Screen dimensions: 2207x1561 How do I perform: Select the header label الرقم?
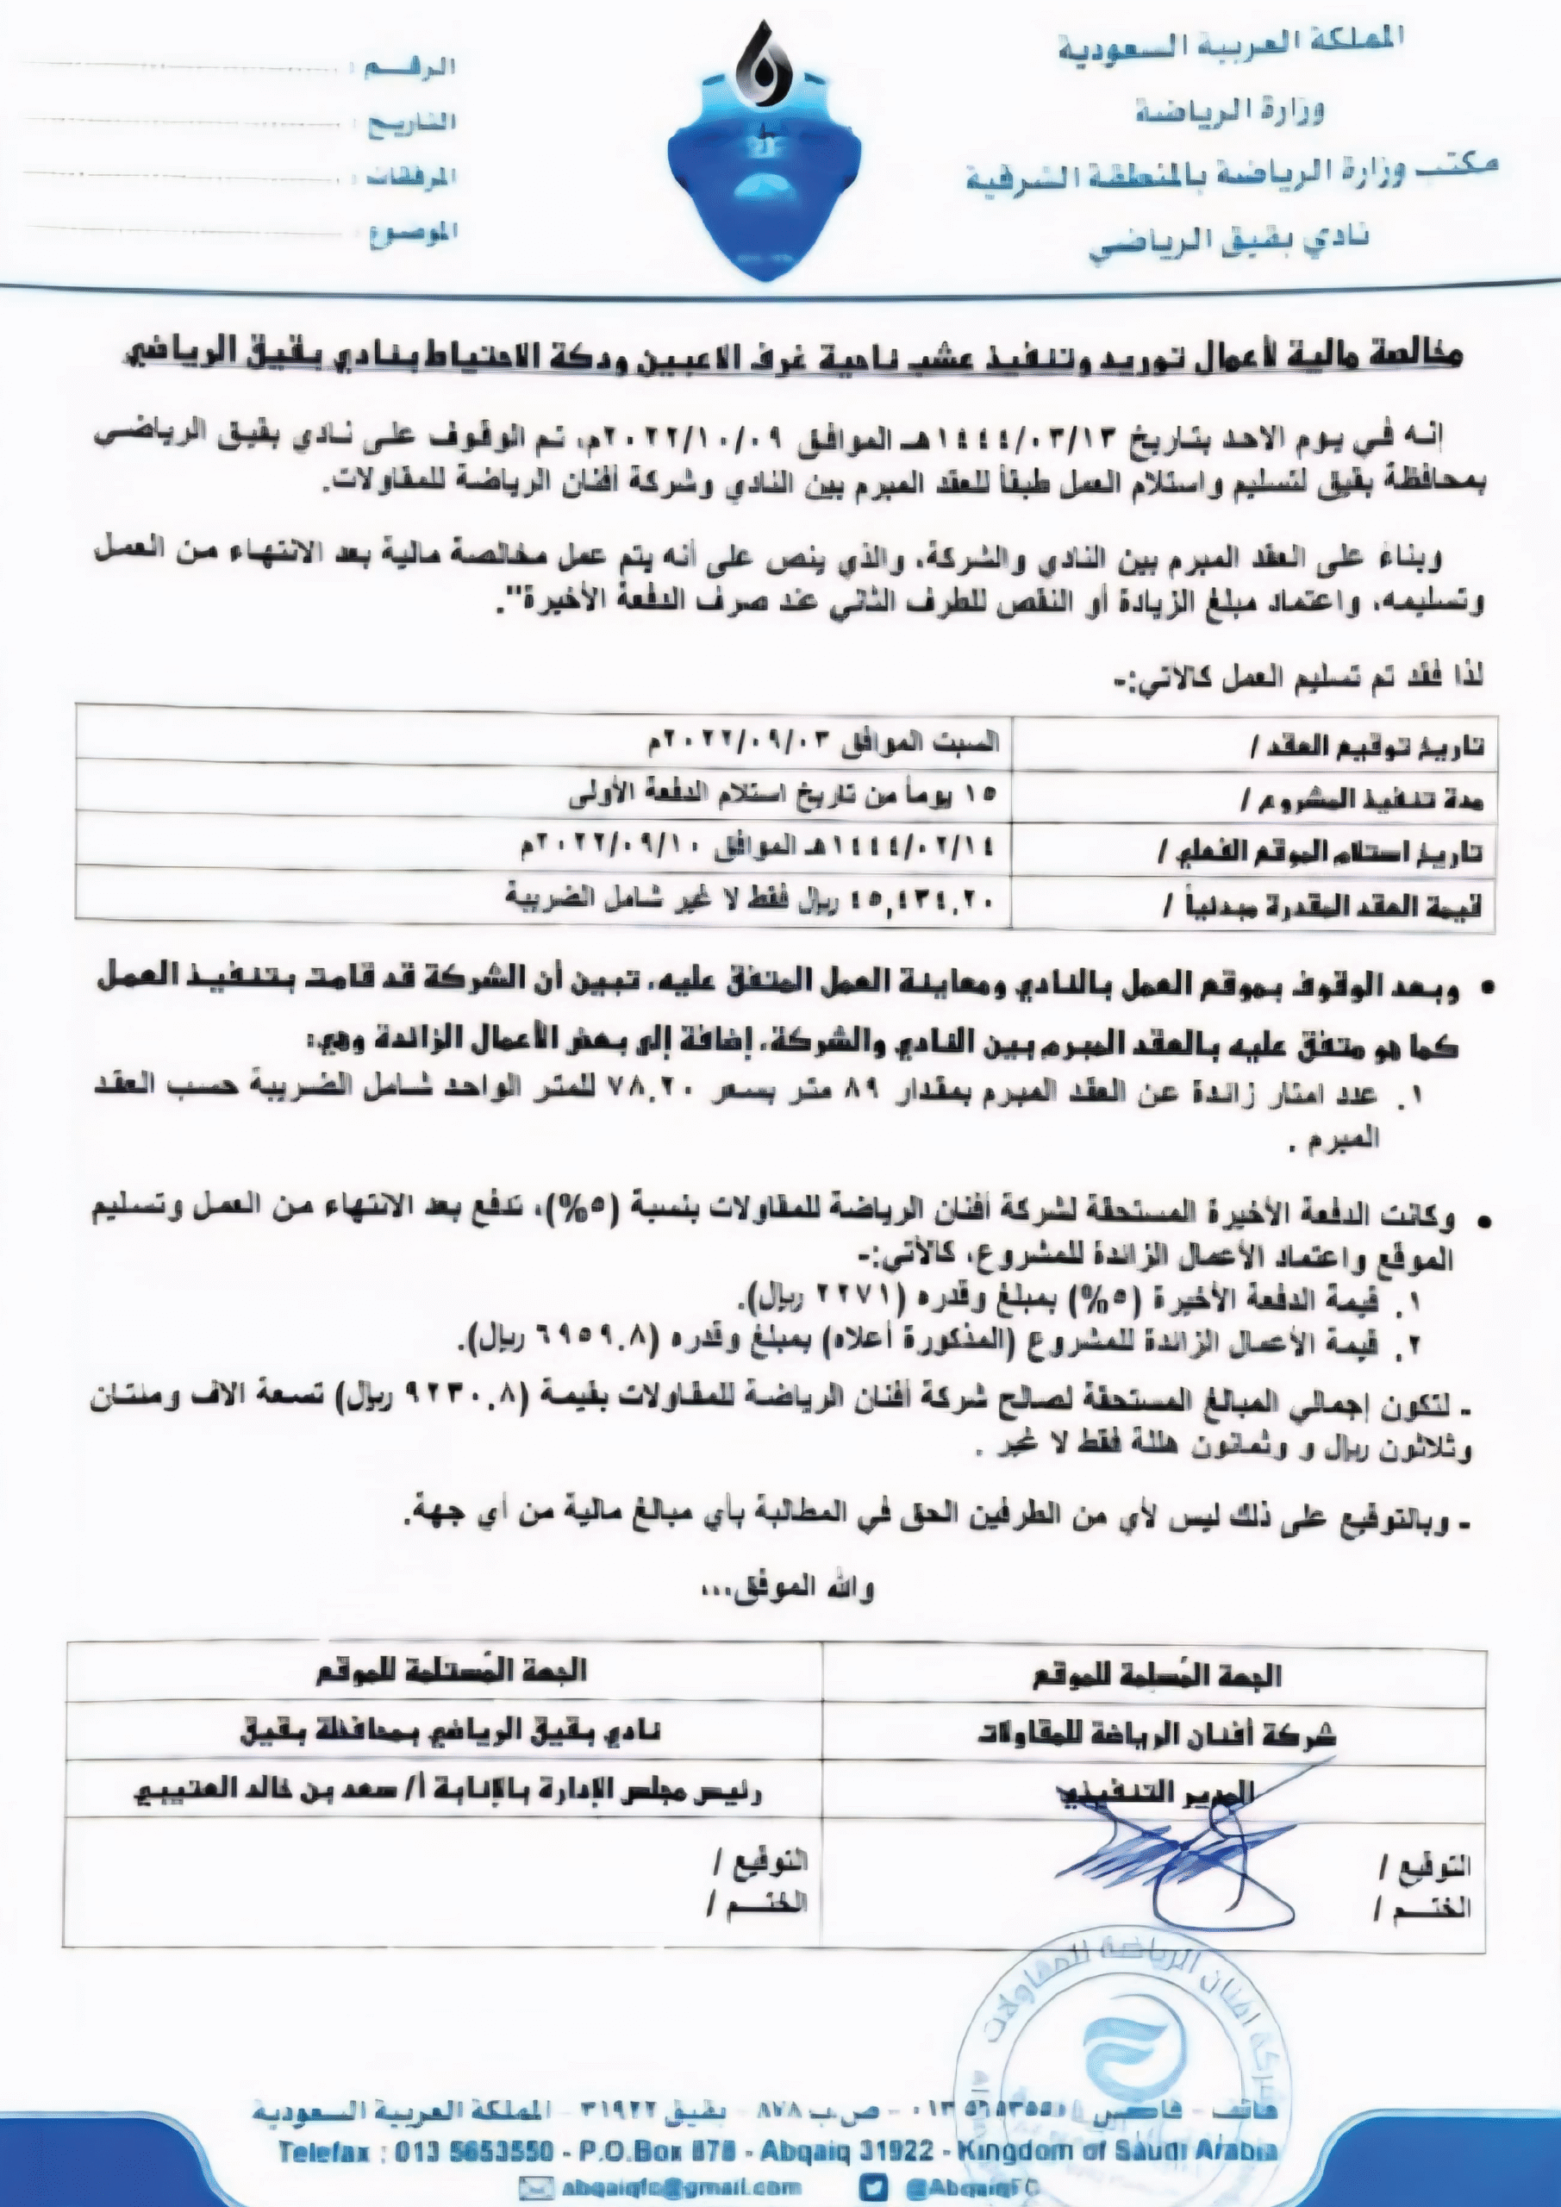(x=411, y=67)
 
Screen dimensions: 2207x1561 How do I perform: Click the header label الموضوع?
(x=414, y=234)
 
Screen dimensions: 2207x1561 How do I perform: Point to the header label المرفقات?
(x=411, y=177)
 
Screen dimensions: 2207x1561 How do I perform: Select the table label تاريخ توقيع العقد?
(x=1366, y=746)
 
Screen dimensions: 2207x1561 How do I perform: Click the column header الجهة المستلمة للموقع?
(x=451, y=1672)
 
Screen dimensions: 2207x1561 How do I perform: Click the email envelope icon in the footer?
(x=534, y=2185)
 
